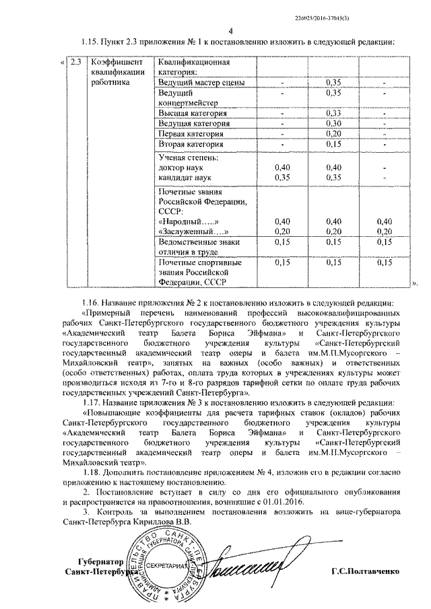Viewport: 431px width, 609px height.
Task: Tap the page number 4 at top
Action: coord(230,30)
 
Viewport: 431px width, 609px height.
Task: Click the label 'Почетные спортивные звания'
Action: coord(200,267)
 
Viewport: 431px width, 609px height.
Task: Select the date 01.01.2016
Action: coord(284,502)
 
